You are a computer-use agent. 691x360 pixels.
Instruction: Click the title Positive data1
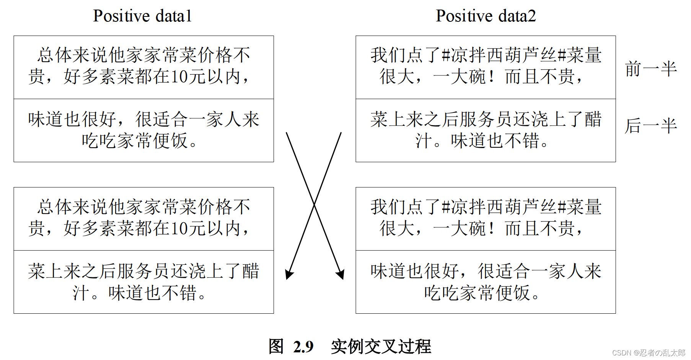coord(142,16)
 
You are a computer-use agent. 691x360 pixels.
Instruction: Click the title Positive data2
coord(486,16)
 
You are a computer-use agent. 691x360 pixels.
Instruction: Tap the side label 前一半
coord(650,69)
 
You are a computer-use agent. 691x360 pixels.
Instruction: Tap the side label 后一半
coord(650,125)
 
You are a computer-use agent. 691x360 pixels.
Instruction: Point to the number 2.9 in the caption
coord(303,347)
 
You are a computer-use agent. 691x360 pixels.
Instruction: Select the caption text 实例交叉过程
coord(381,347)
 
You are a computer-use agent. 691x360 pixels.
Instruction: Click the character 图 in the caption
coord(276,347)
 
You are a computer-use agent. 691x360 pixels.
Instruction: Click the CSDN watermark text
coord(649,353)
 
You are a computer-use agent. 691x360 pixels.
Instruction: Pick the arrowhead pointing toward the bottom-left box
coord(289,274)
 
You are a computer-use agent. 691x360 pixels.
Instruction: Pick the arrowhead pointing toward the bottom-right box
coord(340,274)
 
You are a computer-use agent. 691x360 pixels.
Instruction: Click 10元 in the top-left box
coord(188,77)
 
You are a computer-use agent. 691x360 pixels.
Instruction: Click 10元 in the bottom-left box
coord(188,228)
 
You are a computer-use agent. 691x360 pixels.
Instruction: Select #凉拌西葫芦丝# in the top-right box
coord(504,55)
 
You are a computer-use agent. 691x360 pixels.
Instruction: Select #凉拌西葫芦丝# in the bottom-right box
coord(504,207)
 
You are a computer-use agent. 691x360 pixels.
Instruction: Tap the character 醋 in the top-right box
coord(593,119)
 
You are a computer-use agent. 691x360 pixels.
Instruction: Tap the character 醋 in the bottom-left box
coord(251,271)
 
